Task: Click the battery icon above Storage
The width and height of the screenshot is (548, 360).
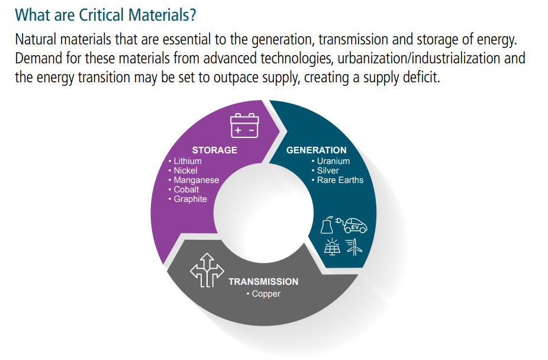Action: [244, 125]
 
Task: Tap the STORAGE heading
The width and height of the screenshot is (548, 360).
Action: [215, 150]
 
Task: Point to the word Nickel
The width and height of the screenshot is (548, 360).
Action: [186, 171]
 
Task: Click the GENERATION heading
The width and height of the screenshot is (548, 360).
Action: [316, 150]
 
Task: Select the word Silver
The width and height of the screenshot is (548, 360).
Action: [328, 171]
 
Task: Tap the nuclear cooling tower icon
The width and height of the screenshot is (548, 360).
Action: [327, 225]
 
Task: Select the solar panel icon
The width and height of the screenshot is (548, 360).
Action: [331, 247]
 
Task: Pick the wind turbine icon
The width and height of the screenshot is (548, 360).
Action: [354, 247]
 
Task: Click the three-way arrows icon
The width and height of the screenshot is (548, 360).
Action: [207, 270]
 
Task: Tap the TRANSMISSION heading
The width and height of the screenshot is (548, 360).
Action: [263, 282]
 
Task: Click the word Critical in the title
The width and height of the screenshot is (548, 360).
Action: [101, 15]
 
